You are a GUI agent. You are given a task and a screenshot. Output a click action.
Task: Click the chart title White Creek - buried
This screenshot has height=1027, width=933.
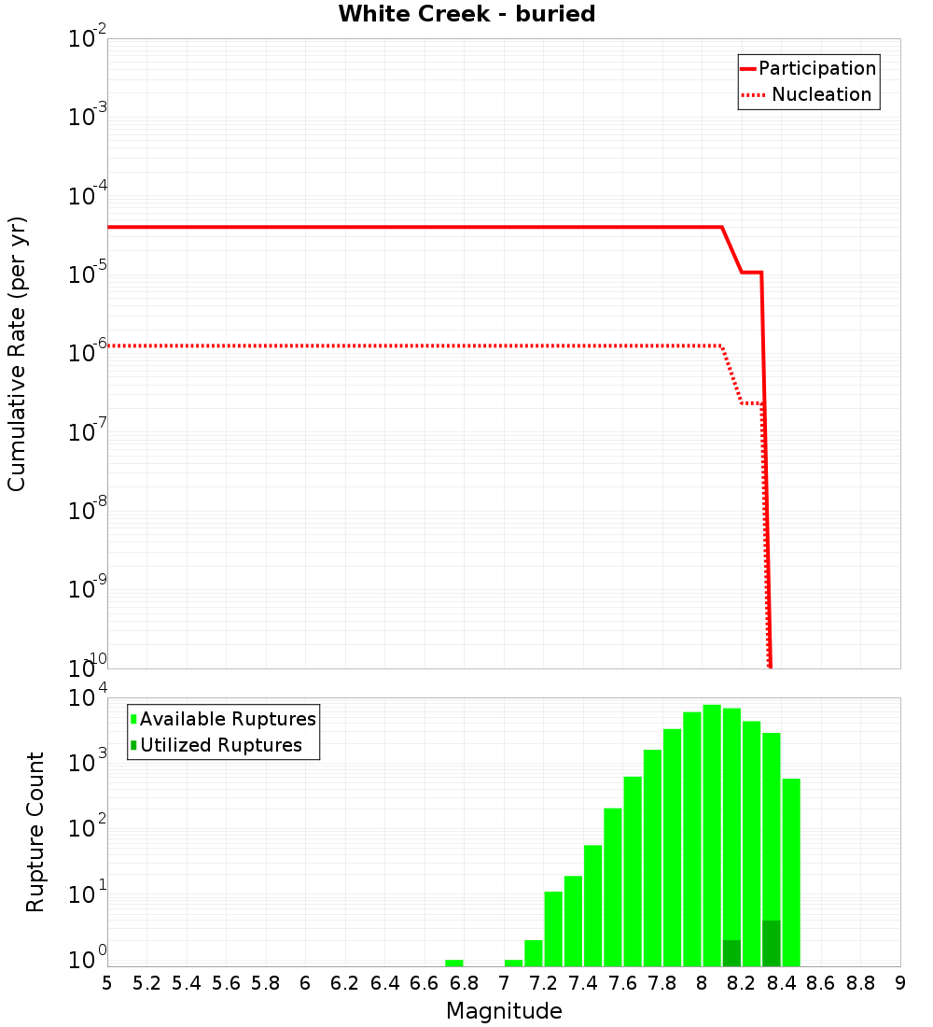(466, 15)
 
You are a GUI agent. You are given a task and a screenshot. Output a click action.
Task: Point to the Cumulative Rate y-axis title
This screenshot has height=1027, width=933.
(18, 354)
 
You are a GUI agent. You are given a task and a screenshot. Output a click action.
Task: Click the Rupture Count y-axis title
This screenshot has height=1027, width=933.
(35, 832)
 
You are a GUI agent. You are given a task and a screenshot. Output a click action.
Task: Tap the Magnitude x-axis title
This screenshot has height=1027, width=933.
(504, 1011)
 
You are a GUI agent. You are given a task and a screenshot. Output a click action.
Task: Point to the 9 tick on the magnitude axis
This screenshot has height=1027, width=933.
(900, 983)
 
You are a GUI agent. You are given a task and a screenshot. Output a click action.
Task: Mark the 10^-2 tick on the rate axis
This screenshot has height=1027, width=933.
(88, 39)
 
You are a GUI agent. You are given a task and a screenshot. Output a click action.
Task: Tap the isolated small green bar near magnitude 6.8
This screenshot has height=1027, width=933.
(454, 963)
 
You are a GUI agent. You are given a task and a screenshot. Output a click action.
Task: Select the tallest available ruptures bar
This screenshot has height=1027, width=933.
(712, 836)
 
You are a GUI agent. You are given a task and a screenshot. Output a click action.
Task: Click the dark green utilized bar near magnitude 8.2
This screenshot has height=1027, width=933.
(731, 953)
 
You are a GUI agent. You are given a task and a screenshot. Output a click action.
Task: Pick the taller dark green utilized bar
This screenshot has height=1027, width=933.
(771, 943)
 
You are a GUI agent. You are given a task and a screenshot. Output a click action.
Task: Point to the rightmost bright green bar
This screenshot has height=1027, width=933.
(791, 872)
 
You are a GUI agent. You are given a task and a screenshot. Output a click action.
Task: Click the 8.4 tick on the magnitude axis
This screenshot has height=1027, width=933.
(782, 983)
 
